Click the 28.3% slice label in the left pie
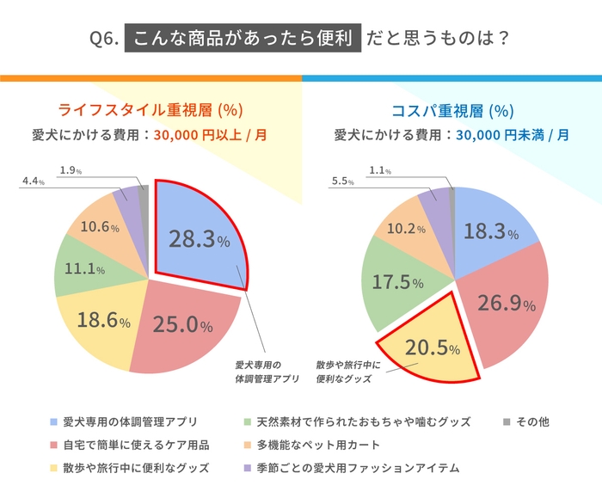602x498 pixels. [200, 240]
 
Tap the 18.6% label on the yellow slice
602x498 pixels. [102, 321]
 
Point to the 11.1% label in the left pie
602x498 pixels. [85, 269]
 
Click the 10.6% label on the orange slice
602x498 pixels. [98, 227]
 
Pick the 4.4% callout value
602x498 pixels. [33, 181]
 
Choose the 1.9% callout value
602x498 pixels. [71, 170]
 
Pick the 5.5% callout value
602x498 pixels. [342, 181]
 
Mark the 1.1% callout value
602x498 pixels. [381, 170]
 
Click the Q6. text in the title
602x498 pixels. [103, 39]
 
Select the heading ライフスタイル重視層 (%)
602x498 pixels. [151, 110]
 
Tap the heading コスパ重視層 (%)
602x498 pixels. [452, 110]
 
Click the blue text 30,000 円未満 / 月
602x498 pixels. [512, 135]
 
